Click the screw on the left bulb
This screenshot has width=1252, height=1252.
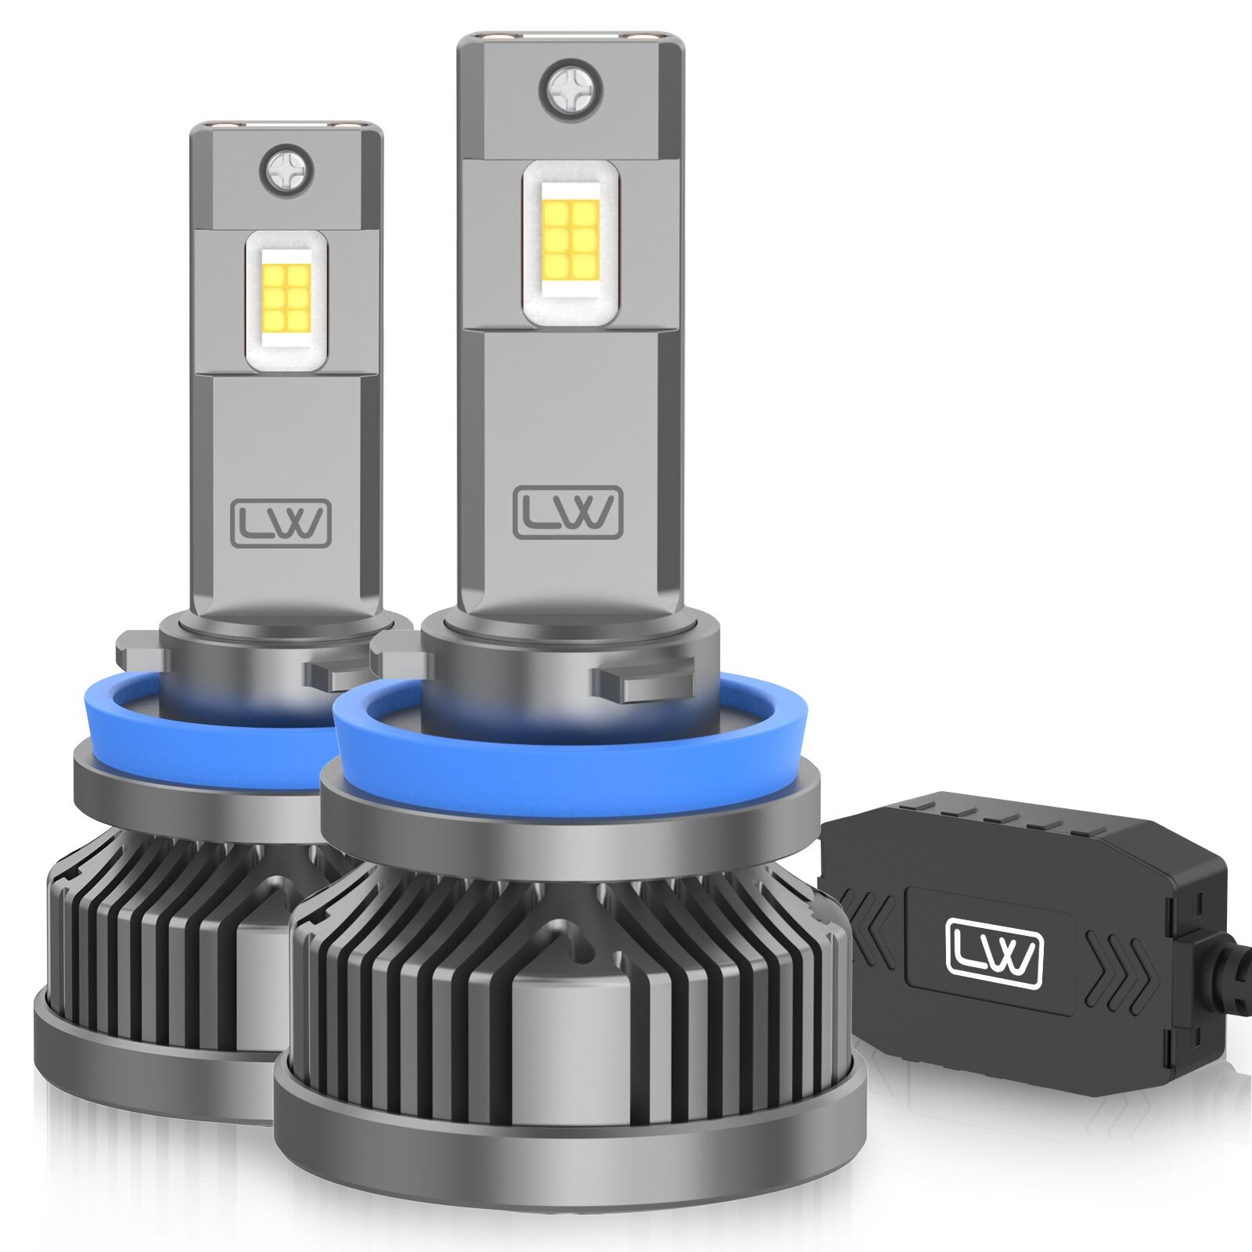coord(290,171)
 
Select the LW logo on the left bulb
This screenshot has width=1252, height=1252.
coord(281,523)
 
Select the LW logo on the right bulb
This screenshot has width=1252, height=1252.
coord(568,513)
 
